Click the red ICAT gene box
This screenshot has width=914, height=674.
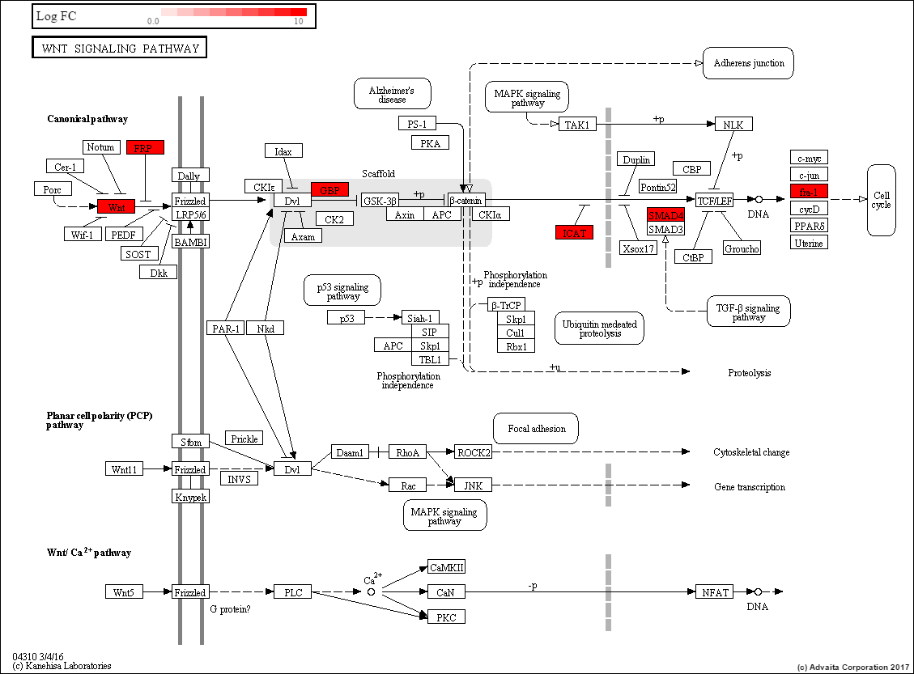click(574, 233)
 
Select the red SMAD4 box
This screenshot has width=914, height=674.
click(665, 215)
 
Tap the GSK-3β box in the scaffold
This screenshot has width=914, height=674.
click(380, 200)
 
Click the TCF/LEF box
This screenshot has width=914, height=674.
click(714, 199)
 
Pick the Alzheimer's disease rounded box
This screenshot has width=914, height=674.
click(392, 95)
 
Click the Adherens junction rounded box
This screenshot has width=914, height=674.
click(748, 63)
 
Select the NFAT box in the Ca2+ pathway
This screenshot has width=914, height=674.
click(715, 592)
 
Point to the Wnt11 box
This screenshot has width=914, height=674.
click(125, 469)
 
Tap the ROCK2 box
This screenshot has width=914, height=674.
click(473, 452)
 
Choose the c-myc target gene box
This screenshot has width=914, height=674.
click(809, 157)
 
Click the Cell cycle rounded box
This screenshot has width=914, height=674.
click(881, 200)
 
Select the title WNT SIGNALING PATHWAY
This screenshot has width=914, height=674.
click(119, 49)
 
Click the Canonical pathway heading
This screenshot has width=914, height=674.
click(87, 119)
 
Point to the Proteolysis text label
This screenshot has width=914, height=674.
click(750, 373)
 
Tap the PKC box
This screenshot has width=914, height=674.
click(446, 617)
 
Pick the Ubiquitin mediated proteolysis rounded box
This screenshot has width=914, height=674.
click(600, 329)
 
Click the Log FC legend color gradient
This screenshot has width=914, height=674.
click(233, 12)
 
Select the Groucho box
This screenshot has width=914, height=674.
click(742, 248)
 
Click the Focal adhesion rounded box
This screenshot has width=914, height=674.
click(536, 429)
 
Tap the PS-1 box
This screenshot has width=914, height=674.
click(418, 123)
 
